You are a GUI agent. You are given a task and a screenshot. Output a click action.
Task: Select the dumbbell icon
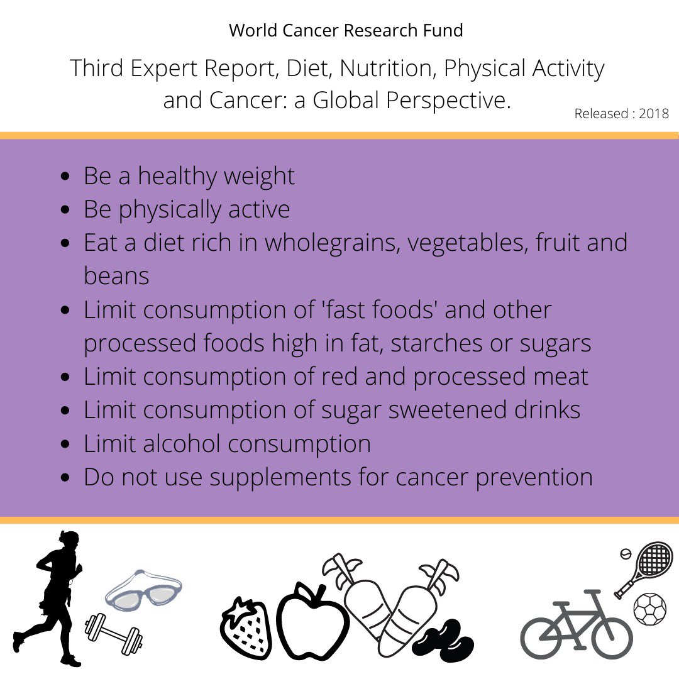[x=114, y=632]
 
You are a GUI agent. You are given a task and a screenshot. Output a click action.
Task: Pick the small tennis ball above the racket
[x=626, y=554]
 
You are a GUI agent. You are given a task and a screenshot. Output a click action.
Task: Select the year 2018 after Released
[x=654, y=114]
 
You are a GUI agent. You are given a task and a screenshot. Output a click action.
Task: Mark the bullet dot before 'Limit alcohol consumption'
[x=65, y=444]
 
